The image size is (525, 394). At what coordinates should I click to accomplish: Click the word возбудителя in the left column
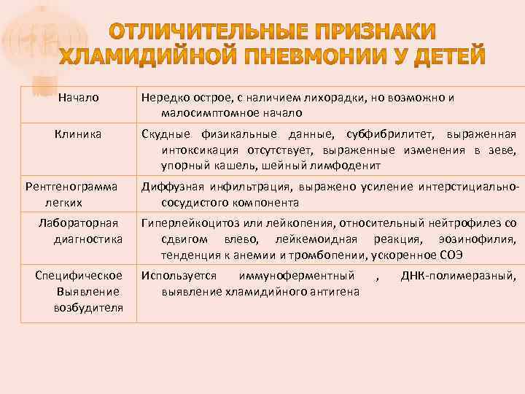(87, 307)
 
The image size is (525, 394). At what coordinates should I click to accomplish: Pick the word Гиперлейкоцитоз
(193, 223)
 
